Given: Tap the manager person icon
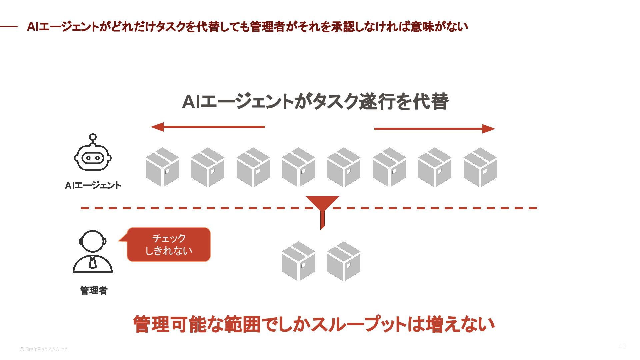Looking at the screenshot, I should tap(93, 252).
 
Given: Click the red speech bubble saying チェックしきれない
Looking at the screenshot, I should tap(169, 244).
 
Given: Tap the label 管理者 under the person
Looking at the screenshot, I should tap(94, 290).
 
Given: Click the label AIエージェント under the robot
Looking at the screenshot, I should tap(93, 185).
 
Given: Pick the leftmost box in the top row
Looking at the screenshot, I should tap(162, 167).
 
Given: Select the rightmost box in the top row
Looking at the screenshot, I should tap(480, 167).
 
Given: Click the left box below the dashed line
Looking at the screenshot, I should tap(298, 261).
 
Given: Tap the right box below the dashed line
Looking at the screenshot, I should tap(344, 261).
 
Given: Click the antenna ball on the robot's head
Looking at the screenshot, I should tap(93, 137).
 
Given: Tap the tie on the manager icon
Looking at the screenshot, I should tap(93, 262).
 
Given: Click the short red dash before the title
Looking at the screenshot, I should tap(9, 26).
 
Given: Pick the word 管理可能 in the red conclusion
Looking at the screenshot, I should tap(170, 324).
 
